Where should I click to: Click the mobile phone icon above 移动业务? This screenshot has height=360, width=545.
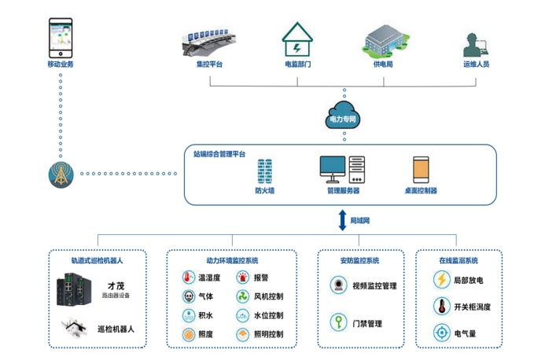point(60,37)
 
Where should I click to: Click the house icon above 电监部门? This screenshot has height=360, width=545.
point(297,37)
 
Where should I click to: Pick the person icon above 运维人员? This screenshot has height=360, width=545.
point(475,43)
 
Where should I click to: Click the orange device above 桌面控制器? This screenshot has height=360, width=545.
point(421,170)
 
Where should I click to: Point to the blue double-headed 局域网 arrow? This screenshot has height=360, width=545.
point(342,220)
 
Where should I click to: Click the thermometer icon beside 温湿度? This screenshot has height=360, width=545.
point(189,277)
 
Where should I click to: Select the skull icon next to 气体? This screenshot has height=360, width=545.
point(189,296)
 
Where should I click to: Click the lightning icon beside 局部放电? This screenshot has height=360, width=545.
point(441,279)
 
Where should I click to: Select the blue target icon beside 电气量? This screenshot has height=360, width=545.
point(441,332)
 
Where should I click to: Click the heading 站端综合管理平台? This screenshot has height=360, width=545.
point(219,154)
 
